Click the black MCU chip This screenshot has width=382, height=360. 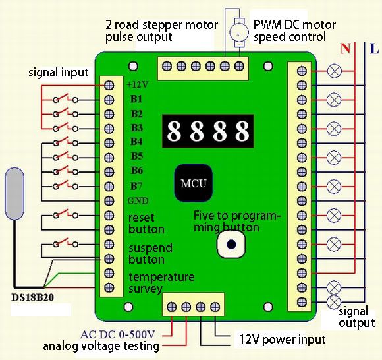click(194, 183)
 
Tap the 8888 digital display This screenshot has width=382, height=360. click(208, 131)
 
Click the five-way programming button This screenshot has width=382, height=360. click(231, 244)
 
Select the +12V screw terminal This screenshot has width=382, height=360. click(109, 85)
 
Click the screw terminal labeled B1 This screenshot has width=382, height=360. click(109, 100)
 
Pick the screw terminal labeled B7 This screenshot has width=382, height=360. click(109, 187)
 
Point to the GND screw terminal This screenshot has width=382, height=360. click(109, 200)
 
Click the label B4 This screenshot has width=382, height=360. click(136, 142)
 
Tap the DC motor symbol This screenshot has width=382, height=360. click(238, 33)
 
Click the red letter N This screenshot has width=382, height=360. click(346, 49)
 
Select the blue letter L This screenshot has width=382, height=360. click(374, 49)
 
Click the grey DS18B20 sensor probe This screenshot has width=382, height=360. click(15, 193)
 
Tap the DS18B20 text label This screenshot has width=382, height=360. click(33, 297)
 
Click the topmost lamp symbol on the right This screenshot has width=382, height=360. click(334, 71)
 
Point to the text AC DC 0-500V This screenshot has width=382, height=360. click(118, 334)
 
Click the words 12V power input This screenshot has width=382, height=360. click(283, 340)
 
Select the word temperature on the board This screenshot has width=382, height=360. click(161, 277)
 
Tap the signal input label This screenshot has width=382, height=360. click(59, 73)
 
